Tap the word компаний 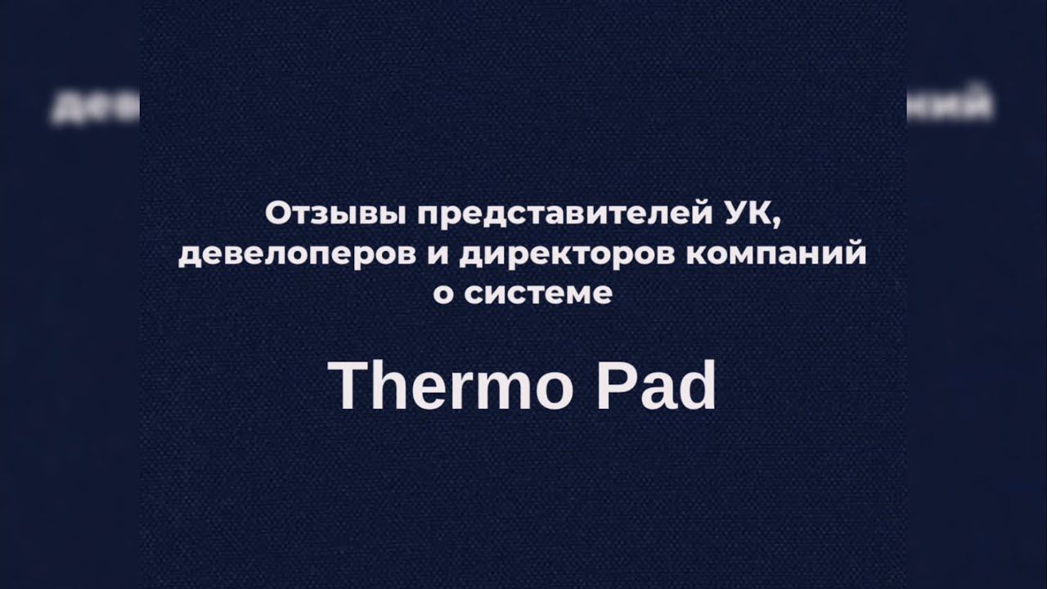(772, 255)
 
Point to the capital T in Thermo (348, 386)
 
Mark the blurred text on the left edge (94, 108)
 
